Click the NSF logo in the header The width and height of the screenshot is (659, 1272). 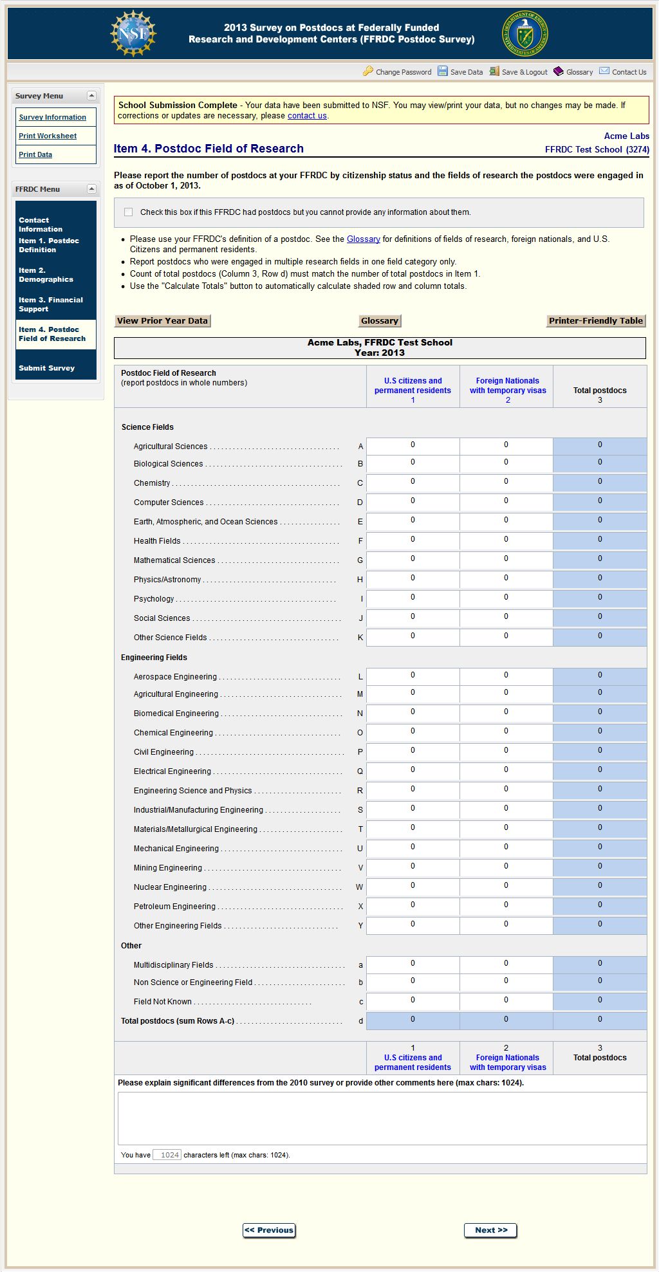pyautogui.click(x=133, y=33)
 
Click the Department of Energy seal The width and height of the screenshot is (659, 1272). pyautogui.click(x=525, y=33)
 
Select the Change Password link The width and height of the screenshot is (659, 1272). pyautogui.click(x=403, y=72)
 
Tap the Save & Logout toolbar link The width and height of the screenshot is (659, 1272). pyautogui.click(x=524, y=72)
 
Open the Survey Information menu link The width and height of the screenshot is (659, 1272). pyautogui.click(x=52, y=117)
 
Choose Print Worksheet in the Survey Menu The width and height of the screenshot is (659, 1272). pyautogui.click(x=48, y=136)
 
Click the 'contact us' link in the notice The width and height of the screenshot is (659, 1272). pyautogui.click(x=307, y=116)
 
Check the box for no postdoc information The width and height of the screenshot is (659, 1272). pyautogui.click(x=129, y=212)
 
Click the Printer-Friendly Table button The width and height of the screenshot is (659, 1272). pyautogui.click(x=595, y=321)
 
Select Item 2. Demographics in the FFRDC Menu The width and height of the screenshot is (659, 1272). pyautogui.click(x=46, y=275)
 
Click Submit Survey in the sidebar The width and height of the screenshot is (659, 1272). pyautogui.click(x=46, y=368)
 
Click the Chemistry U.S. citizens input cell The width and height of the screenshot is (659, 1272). pyautogui.click(x=413, y=483)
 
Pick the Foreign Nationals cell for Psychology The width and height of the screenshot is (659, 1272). pyautogui.click(x=506, y=598)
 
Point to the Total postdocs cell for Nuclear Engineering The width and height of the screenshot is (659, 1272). pyautogui.click(x=600, y=887)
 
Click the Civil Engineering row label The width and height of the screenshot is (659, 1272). pyautogui.click(x=163, y=752)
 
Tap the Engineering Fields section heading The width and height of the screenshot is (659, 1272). pyautogui.click(x=154, y=658)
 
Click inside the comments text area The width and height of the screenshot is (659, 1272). pyautogui.click(x=382, y=1118)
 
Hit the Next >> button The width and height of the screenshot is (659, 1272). pyautogui.click(x=490, y=1230)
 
